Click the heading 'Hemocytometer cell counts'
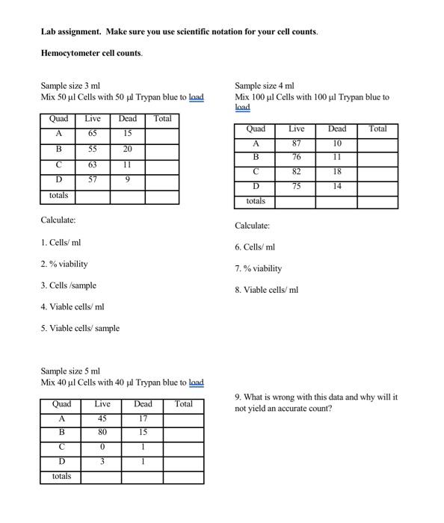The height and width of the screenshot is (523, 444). coord(91,54)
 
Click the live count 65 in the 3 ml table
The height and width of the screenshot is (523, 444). coord(93,133)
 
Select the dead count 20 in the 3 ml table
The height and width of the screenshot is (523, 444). coord(128,149)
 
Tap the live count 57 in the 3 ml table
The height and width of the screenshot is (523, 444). coord(93,179)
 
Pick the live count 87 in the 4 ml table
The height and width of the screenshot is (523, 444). coord(297,143)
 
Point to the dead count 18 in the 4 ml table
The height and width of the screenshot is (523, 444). coord(337,172)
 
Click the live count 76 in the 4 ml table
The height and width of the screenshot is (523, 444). coord(297,157)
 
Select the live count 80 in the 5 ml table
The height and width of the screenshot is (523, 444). coord(102,432)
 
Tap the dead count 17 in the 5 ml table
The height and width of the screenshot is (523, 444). coord(143,418)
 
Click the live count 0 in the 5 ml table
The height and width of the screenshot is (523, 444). coord(102,447)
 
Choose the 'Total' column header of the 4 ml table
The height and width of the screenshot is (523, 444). coord(377,129)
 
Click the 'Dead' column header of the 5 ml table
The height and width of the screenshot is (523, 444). coord(143,404)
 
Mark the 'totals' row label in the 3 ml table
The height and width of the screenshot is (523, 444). coord(58,196)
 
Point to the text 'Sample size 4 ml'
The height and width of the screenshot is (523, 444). coord(265,86)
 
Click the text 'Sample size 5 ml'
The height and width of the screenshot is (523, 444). coord(70,371)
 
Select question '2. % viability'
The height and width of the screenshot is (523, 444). coord(64,264)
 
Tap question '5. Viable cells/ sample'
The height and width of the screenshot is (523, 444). coord(80,328)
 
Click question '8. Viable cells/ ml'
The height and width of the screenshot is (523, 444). coord(266,290)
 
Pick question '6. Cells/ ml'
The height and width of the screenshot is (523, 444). coord(255,247)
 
